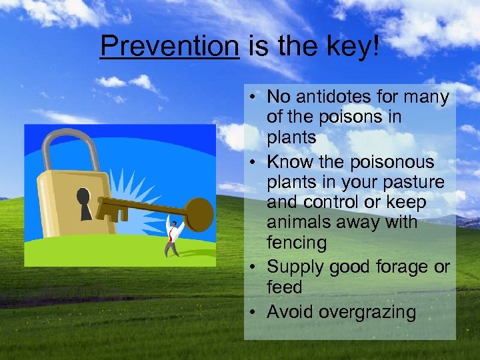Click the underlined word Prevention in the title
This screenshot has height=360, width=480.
[x=169, y=46]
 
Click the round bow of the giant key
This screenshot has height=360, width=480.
[x=198, y=213]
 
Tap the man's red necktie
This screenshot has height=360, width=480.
[x=173, y=233]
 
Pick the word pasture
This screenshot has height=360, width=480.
[x=412, y=182]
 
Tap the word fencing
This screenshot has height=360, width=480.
[x=297, y=243]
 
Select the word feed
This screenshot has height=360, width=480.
[x=284, y=287]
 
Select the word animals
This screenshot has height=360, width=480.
[x=299, y=223]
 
